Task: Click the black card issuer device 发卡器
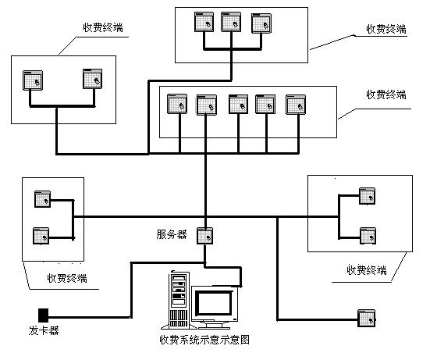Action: [43, 315]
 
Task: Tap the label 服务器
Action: [172, 234]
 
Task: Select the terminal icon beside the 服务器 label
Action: [204, 236]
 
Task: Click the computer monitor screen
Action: [215, 303]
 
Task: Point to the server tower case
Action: [179, 300]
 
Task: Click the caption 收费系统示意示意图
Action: [204, 340]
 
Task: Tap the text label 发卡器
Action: [44, 331]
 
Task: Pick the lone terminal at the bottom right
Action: [367, 318]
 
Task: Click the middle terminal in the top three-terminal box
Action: [231, 22]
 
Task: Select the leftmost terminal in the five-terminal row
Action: [177, 104]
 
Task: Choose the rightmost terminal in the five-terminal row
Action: [296, 105]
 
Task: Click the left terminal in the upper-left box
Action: [33, 80]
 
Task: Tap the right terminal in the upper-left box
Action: [93, 79]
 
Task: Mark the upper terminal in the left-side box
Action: [42, 199]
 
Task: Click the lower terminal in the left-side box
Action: [41, 236]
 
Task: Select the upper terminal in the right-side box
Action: [367, 196]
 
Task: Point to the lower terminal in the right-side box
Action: [368, 236]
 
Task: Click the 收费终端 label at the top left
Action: [103, 27]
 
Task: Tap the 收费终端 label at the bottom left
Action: [67, 278]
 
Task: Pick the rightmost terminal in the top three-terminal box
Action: [261, 23]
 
